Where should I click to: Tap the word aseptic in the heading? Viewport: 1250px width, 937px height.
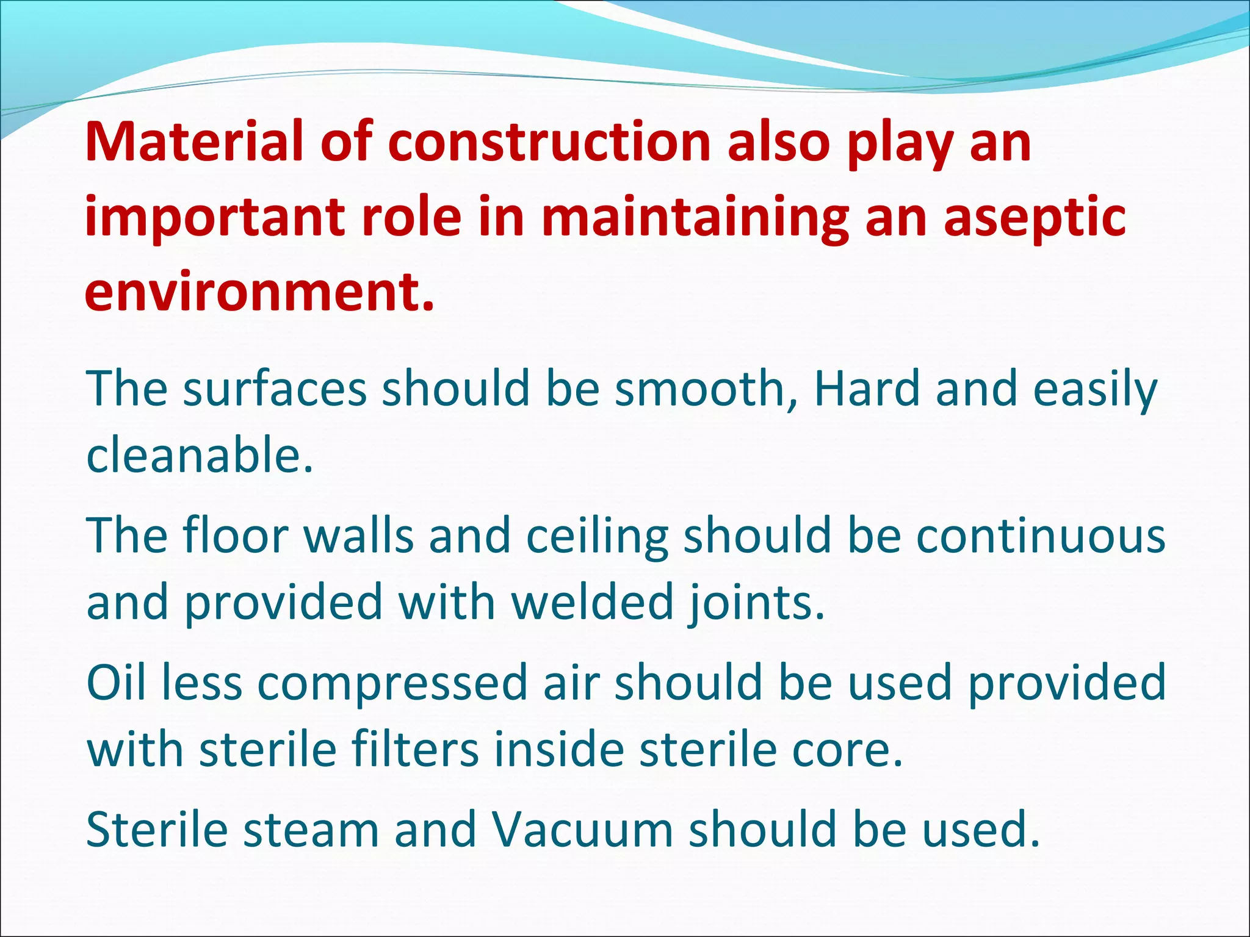[1035, 217]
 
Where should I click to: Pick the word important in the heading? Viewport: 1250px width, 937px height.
[214, 218]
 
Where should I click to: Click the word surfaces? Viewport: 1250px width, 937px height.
[275, 389]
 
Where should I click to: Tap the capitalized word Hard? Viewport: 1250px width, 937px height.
[867, 389]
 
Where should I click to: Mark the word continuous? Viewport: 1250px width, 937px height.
[1041, 536]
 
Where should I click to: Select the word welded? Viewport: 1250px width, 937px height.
[592, 603]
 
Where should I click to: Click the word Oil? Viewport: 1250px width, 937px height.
[116, 683]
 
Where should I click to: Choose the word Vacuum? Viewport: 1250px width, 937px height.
[582, 830]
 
